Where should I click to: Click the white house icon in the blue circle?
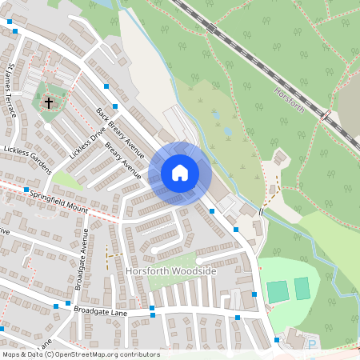180,172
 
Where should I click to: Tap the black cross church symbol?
49,103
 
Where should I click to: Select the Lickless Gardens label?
27,160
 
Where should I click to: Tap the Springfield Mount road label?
58,200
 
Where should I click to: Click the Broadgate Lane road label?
100,310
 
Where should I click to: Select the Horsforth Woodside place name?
171,272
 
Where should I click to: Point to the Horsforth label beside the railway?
288,100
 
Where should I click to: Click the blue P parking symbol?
312,345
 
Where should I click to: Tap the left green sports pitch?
278,291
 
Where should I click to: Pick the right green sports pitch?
302,288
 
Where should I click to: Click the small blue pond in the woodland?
227,131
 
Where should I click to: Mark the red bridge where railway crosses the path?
326,116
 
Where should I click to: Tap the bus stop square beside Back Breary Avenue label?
116,106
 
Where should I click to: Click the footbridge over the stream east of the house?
261,211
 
